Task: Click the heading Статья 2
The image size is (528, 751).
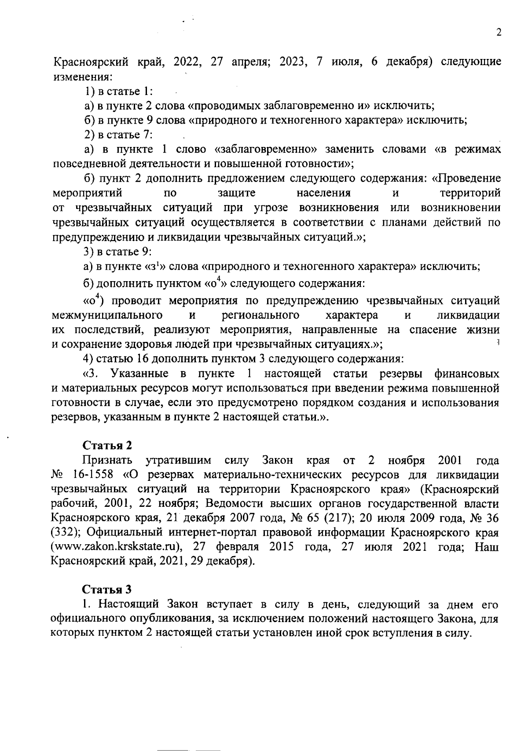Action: point(107,445)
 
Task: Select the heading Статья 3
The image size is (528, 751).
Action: point(107,589)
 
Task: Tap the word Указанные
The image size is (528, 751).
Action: point(139,374)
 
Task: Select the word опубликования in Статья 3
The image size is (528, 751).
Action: point(172,619)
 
